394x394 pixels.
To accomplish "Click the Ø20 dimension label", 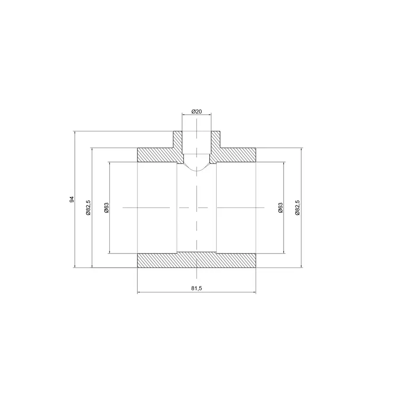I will point(197,112).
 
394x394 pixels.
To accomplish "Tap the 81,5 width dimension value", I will point(197,288).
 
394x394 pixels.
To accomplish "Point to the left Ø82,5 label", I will point(88,208).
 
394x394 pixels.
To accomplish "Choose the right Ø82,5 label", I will point(298,208).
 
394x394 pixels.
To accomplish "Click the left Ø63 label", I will point(106,208).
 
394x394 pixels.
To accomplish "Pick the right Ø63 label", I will point(281,208).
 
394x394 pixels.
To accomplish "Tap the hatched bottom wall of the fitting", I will point(197,260).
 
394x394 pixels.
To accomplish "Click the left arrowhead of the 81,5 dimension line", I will point(139,292).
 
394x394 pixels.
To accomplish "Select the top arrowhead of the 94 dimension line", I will point(75,133).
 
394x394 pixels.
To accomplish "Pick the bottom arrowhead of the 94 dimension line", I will point(75,265).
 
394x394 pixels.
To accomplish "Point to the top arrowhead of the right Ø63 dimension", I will point(285,164).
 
